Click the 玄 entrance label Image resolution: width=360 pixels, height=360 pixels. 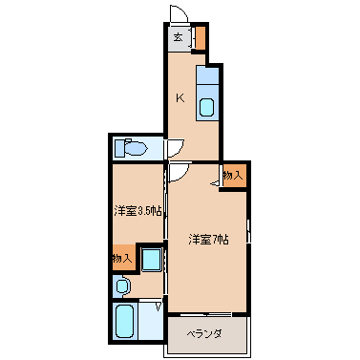179,37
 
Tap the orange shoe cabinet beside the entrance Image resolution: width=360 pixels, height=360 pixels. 200,38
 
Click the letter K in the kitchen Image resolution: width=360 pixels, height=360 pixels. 180,98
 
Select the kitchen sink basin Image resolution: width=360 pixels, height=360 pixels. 206,107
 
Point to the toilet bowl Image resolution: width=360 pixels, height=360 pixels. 137,148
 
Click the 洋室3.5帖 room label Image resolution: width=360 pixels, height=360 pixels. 138,211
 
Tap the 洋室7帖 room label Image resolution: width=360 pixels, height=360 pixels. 209,239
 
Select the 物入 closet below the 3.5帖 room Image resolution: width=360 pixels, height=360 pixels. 122,258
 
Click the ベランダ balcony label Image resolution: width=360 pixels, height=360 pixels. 203,334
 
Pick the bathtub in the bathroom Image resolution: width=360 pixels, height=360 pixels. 124,322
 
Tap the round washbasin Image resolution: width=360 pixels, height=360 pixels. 121,286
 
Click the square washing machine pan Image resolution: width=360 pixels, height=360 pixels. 151,260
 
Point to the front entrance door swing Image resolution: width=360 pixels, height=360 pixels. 179,13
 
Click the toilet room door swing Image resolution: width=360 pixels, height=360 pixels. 175,148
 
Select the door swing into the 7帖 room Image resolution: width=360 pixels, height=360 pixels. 179,172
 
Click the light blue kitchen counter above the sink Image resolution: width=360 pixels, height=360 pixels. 207,74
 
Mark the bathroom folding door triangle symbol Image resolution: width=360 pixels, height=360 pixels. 159,307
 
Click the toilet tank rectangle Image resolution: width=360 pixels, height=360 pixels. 119,148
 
